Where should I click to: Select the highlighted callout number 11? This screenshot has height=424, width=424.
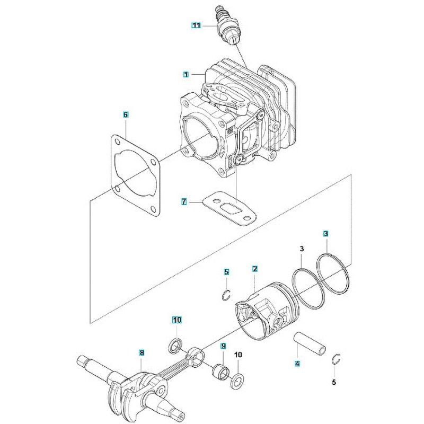pyautogui.click(x=197, y=25)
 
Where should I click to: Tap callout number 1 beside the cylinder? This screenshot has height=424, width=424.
pyautogui.click(x=186, y=75)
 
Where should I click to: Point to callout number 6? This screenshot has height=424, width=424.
pyautogui.click(x=126, y=114)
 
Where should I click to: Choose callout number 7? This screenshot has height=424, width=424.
pyautogui.click(x=184, y=201)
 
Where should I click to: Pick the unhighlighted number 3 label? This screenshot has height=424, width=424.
pyautogui.click(x=301, y=249)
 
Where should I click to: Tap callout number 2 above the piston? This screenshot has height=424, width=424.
pyautogui.click(x=254, y=269)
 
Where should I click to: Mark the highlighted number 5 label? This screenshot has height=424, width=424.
pyautogui.click(x=226, y=272)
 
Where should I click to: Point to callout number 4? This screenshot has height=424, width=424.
pyautogui.click(x=297, y=364)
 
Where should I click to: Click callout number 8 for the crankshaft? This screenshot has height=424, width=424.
pyautogui.click(x=142, y=352)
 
